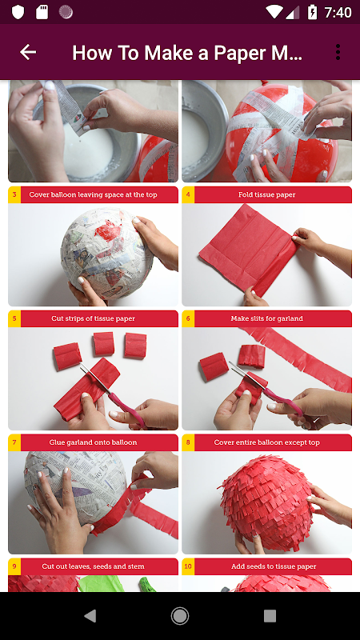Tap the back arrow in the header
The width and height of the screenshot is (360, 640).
[x=28, y=52]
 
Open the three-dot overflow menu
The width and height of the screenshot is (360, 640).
[x=338, y=52]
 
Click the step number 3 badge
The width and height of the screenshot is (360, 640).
[x=14, y=194]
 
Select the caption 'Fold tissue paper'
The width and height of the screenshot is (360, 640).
[x=267, y=194]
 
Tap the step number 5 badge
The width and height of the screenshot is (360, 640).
[x=14, y=318]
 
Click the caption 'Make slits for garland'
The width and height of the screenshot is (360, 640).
[x=267, y=318]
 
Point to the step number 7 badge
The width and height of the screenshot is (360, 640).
[x=14, y=442]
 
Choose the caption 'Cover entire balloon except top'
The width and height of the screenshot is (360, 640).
[x=267, y=442]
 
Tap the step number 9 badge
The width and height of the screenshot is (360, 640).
[x=14, y=566]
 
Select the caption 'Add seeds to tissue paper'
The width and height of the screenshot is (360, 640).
[x=267, y=566]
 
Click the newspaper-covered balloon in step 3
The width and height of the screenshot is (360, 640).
[x=106, y=253]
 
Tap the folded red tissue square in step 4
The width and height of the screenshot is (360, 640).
[x=248, y=249]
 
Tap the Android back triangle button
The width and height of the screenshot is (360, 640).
[x=90, y=615]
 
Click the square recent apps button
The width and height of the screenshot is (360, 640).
[x=270, y=615]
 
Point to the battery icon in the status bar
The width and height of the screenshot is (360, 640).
[x=312, y=12]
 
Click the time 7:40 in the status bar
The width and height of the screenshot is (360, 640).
[x=338, y=12]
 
